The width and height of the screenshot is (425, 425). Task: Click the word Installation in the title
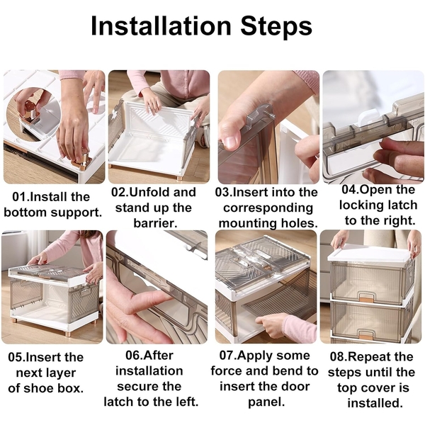click(x=161, y=25)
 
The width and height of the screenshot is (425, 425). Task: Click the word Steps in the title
click(x=276, y=26)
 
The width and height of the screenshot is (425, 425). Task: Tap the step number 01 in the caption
click(x=20, y=197)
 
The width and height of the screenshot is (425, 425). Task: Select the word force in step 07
click(x=226, y=370)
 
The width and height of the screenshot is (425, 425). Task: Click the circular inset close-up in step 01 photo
click(x=32, y=114)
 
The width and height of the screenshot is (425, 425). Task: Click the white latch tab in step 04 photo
click(x=368, y=119)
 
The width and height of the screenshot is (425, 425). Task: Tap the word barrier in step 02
click(x=155, y=223)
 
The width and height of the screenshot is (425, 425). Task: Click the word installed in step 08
click(x=375, y=403)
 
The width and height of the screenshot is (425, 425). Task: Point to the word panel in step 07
click(x=266, y=402)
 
